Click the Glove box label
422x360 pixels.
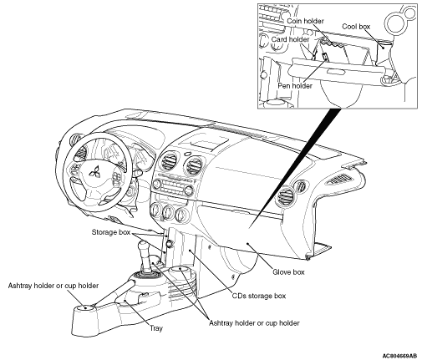(288, 272)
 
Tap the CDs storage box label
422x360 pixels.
(259, 296)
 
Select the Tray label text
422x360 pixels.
(156, 328)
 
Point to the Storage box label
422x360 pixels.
(111, 232)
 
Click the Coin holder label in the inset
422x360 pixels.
(305, 21)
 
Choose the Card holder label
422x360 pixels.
(290, 39)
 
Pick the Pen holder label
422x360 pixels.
(295, 85)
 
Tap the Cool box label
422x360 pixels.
(356, 27)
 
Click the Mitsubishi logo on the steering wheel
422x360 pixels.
(94, 173)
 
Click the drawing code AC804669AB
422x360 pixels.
(399, 356)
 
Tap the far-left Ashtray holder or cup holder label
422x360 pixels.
(53, 286)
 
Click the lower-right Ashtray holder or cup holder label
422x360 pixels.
(254, 323)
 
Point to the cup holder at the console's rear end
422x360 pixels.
(85, 308)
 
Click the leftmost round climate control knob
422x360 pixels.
(156, 210)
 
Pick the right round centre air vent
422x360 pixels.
(193, 165)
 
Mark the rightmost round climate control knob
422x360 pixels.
(182, 215)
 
